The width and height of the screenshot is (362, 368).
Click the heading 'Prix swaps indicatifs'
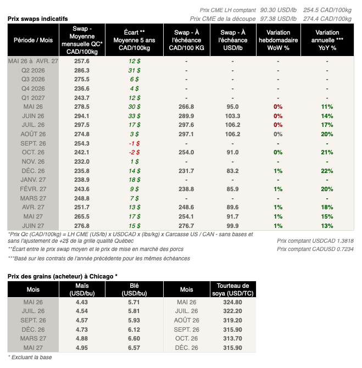(x=37, y=18)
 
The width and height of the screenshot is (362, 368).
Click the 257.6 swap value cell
(x=81, y=62)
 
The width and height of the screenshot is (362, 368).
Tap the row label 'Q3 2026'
(x=33, y=80)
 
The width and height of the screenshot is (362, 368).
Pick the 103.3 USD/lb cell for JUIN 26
(x=232, y=116)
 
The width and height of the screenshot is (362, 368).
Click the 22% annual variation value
(x=327, y=171)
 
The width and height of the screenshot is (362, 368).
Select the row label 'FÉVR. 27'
(x=33, y=189)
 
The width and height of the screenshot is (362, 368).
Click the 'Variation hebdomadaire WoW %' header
(x=278, y=40)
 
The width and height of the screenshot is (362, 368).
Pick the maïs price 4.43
(x=82, y=302)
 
